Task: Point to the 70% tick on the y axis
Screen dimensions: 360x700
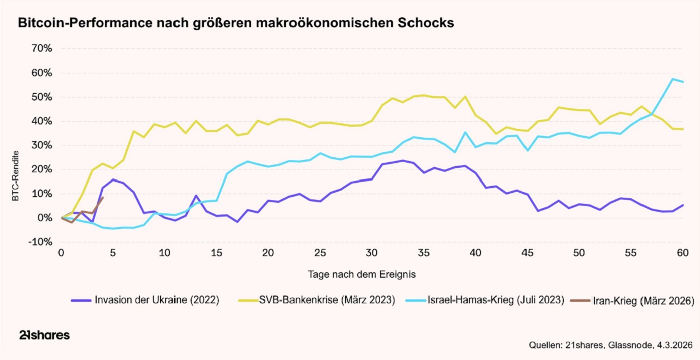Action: click(x=41, y=48)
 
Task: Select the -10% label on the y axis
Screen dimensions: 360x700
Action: click(x=40, y=242)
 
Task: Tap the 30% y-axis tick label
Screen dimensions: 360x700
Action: click(x=41, y=146)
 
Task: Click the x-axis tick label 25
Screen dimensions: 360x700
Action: click(x=319, y=253)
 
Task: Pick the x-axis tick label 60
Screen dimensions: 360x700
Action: click(x=683, y=253)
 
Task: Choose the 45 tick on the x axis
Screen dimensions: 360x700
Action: click(x=527, y=253)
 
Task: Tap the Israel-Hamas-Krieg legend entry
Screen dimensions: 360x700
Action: click(x=495, y=301)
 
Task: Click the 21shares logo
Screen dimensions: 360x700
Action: click(x=44, y=335)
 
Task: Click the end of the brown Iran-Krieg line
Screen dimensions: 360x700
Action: click(x=103, y=197)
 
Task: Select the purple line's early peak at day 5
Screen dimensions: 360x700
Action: click(x=113, y=179)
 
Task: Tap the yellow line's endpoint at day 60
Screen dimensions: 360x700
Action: click(x=683, y=129)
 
